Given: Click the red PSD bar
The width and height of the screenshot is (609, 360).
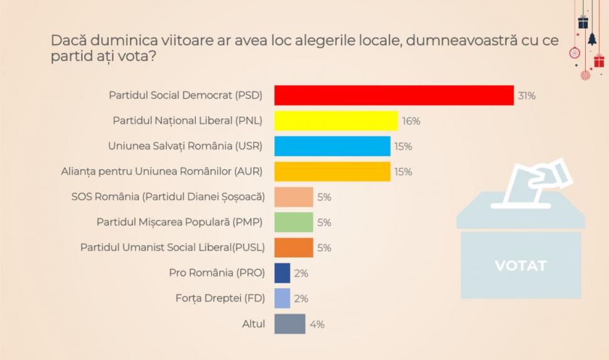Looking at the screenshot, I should pyautogui.click(x=394, y=95).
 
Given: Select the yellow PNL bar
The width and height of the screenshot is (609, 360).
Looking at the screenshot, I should pyautogui.click(x=336, y=121).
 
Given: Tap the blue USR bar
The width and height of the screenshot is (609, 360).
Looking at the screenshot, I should pyautogui.click(x=332, y=146).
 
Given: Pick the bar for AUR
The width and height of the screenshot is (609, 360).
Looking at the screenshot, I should pyautogui.click(x=332, y=172).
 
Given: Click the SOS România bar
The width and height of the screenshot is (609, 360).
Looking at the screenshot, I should pyautogui.click(x=294, y=197).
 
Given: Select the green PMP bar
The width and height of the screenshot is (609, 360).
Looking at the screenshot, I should pyautogui.click(x=294, y=222).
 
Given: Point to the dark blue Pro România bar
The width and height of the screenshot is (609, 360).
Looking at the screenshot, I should pyautogui.click(x=283, y=273).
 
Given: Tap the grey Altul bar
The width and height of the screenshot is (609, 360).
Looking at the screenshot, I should pyautogui.click(x=290, y=324).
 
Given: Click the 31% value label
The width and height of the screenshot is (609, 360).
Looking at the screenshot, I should pyautogui.click(x=526, y=96).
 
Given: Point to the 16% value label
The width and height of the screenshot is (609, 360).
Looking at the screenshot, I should pyautogui.click(x=411, y=121).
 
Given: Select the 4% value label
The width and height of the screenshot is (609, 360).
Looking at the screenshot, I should pyautogui.click(x=317, y=325).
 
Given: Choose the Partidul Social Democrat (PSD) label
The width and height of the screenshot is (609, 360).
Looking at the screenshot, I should pyautogui.click(x=185, y=95).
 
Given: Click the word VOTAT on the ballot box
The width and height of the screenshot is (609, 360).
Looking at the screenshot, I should pyautogui.click(x=520, y=265).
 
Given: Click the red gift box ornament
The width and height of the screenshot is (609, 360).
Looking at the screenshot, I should pyautogui.click(x=599, y=61).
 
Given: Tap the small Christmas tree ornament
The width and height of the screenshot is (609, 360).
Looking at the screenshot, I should pyautogui.click(x=591, y=39).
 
